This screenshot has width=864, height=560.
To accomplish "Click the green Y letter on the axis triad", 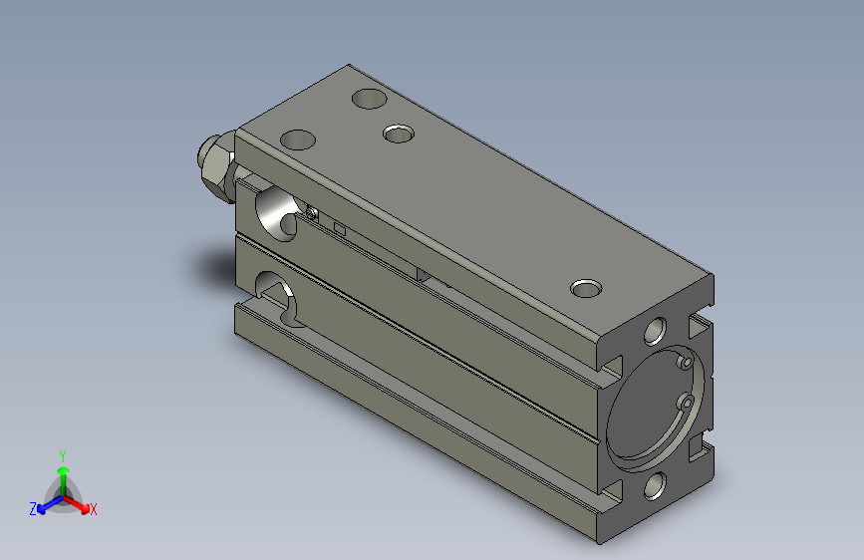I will (63, 453).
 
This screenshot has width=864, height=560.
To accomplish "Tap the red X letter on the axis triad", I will (94, 510).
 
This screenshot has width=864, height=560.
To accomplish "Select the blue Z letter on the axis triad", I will (33, 508).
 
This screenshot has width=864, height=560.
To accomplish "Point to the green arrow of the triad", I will (63, 473).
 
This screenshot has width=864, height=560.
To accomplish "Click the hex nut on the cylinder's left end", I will (215, 162).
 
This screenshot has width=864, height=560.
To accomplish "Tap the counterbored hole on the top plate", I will (400, 132).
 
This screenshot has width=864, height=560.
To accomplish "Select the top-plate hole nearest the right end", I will (587, 289).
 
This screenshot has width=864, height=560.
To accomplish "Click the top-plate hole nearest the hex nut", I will (298, 140).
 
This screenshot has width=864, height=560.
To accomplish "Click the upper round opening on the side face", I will (274, 212).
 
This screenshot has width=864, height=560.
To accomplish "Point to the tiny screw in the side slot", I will (313, 212).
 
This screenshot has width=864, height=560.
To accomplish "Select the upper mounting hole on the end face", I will (656, 330).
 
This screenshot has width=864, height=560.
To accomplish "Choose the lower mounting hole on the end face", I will (655, 485).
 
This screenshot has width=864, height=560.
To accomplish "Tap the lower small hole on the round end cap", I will (686, 402).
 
